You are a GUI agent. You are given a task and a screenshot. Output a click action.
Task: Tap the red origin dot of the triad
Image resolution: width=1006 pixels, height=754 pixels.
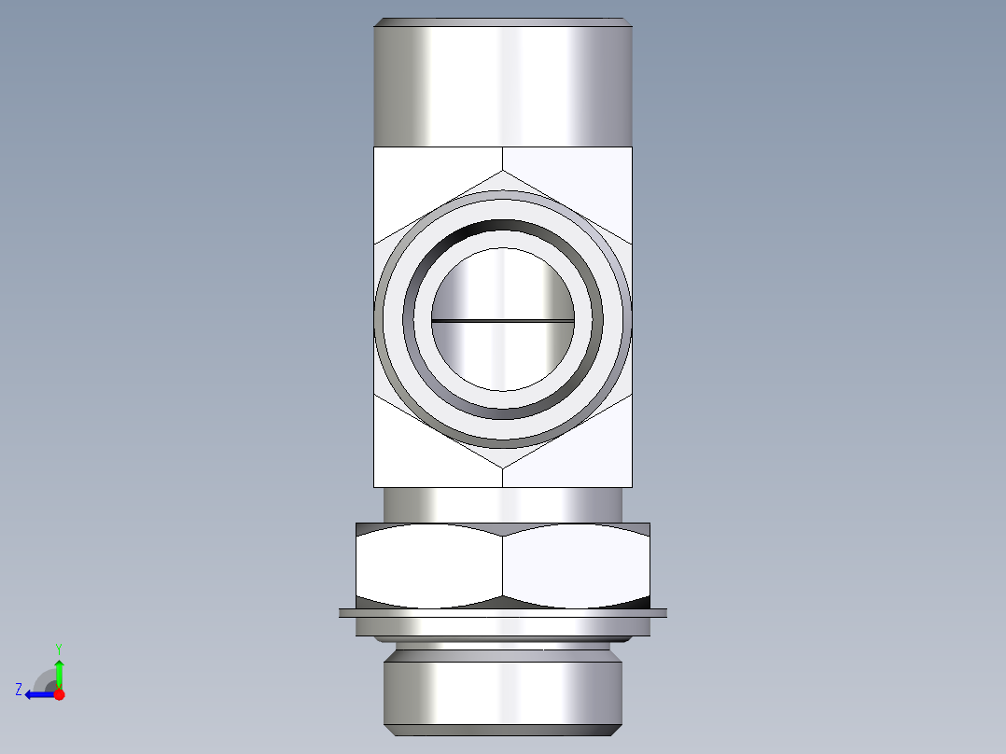pos(59,694)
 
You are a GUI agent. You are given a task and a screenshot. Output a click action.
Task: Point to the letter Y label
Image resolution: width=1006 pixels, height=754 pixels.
pos(58,648)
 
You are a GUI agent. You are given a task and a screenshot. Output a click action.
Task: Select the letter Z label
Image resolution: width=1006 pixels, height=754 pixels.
pos(19,690)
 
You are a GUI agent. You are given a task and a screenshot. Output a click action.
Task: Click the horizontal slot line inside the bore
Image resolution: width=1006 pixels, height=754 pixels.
pos(503,320)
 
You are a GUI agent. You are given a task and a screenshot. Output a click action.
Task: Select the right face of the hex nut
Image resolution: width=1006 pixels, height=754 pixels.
pos(576,565)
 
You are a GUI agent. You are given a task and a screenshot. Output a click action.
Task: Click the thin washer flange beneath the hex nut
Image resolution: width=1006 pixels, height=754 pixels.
pos(503,613)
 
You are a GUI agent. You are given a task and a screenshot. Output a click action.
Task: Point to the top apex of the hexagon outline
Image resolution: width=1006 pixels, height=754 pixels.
pos(503,171)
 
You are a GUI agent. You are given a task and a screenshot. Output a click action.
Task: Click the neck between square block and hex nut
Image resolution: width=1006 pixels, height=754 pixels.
pos(503,505)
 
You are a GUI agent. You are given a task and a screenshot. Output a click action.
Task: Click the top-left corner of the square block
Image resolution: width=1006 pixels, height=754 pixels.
pos(374,147)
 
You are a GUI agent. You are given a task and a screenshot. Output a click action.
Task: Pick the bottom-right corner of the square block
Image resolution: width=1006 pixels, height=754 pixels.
pos(633,486)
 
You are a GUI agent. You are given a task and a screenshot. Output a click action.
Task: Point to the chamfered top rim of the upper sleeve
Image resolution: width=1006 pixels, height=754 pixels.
pos(503,21)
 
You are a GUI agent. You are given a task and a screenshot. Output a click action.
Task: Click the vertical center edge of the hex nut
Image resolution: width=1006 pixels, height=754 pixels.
pos(503,565)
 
